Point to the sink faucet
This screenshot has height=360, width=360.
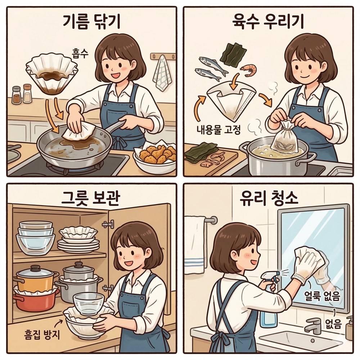[x=313, y=324]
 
